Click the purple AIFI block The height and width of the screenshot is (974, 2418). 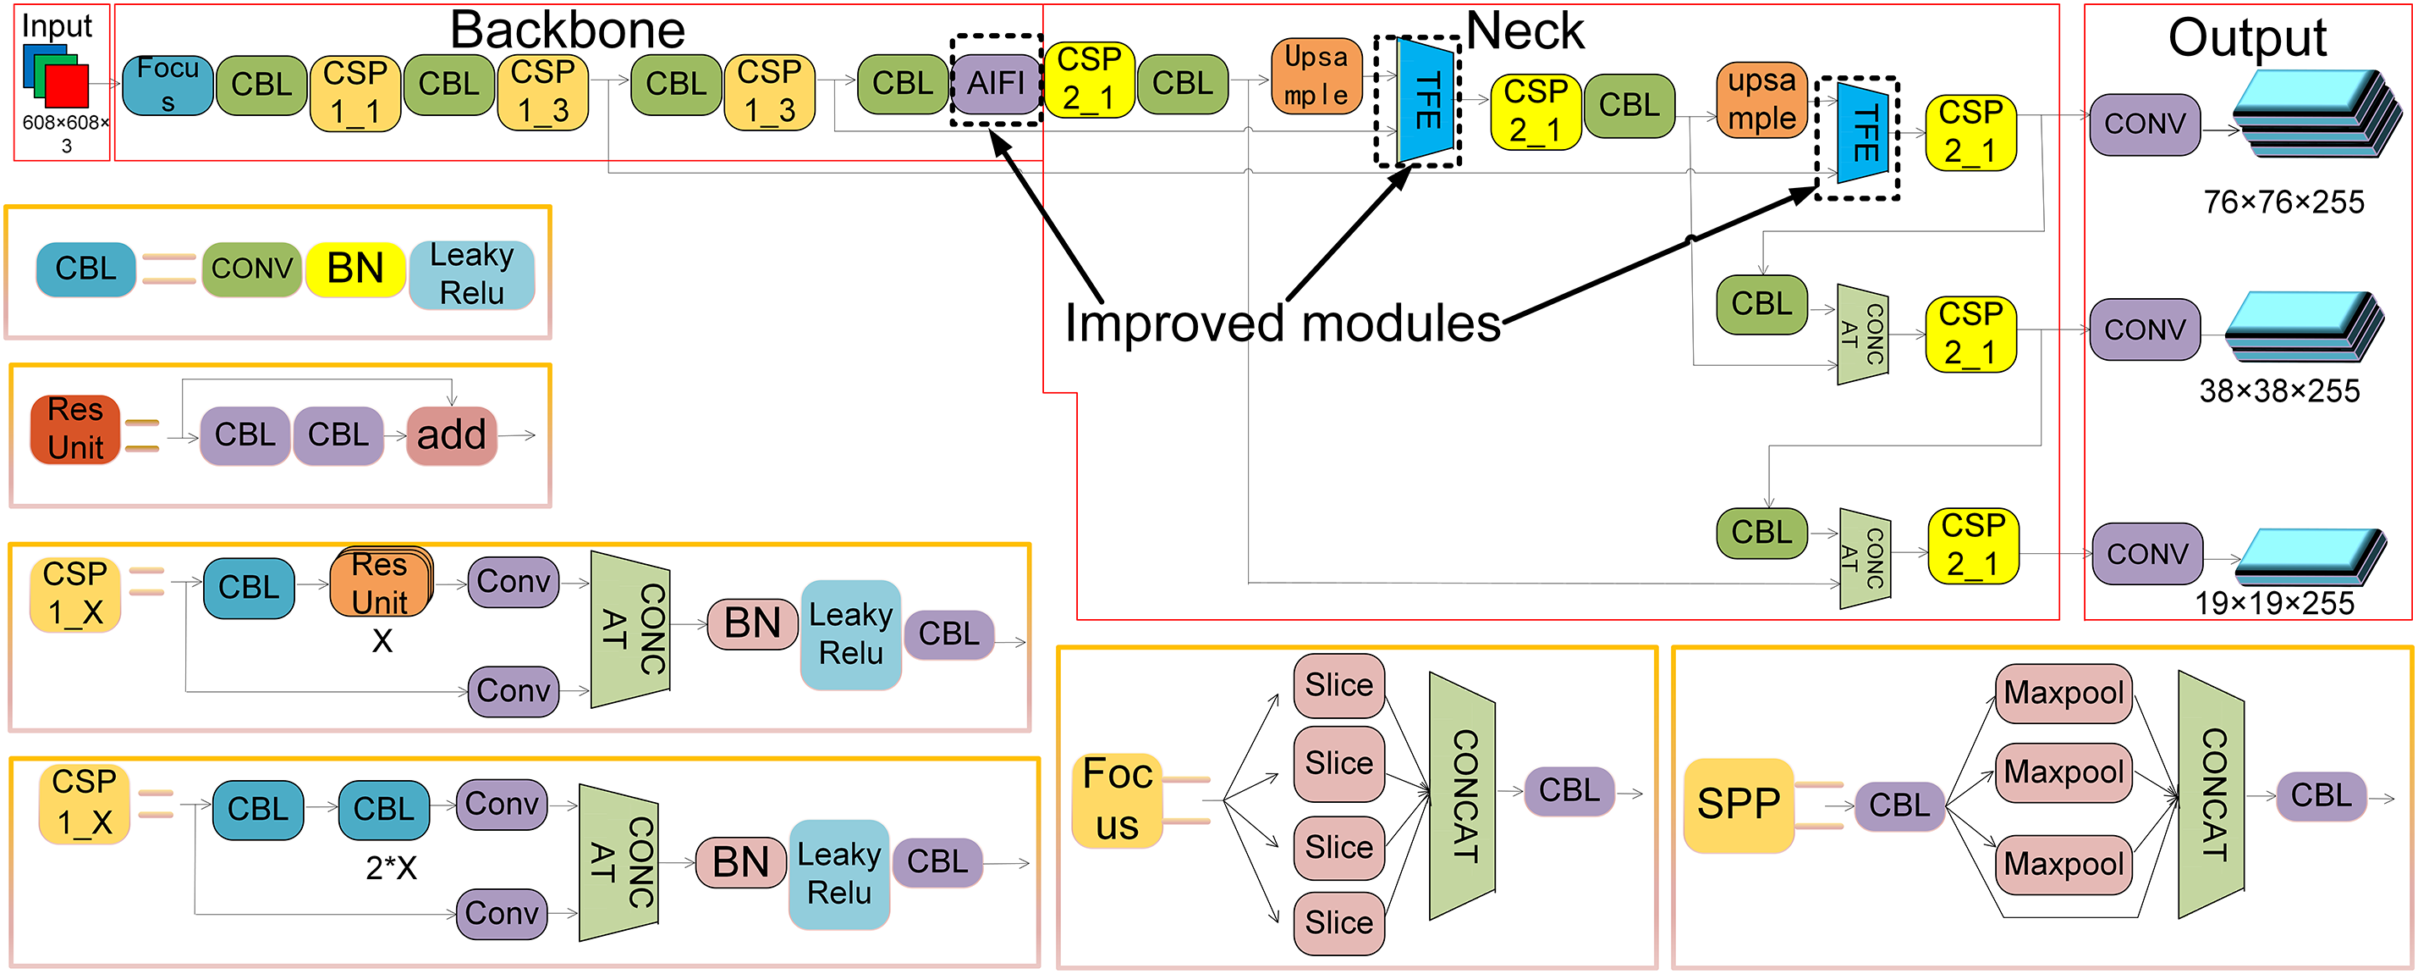point(996,84)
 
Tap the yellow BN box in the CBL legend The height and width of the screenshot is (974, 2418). point(354,268)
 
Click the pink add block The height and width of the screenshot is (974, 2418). point(451,434)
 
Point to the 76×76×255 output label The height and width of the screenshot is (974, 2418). point(2283,202)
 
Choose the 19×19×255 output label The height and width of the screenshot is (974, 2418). point(2273,603)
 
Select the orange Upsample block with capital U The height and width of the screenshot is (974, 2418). point(1316,76)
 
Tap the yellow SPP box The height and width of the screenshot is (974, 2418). point(1738,804)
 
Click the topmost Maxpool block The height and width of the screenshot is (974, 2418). point(2063,693)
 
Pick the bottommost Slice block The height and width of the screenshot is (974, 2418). point(1338,922)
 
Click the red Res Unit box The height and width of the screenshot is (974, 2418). point(75,429)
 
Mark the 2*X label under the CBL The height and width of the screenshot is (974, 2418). point(391,868)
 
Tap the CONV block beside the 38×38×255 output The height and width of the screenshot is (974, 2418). point(2144,329)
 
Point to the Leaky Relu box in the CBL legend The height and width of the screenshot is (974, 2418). point(471,274)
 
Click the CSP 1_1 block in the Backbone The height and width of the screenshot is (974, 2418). point(354,93)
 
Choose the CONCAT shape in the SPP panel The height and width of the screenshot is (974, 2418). point(2212,794)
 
